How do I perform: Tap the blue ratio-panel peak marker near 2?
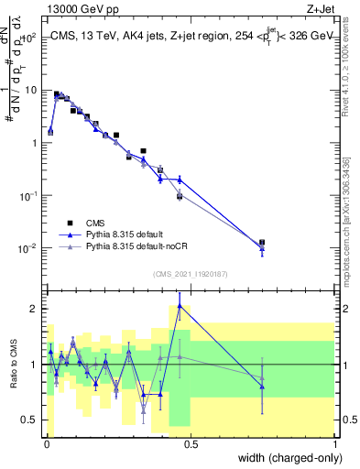click(x=180, y=306)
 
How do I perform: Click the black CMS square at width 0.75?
click(x=263, y=243)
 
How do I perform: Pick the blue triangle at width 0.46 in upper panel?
click(x=180, y=180)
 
